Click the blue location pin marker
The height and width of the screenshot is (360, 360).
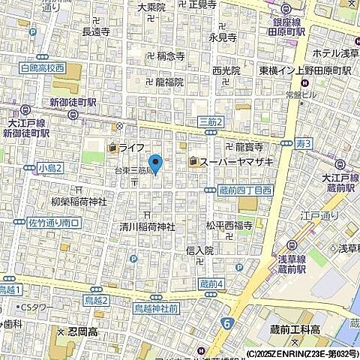coord(155,163)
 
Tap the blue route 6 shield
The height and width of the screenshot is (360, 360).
coord(226,323)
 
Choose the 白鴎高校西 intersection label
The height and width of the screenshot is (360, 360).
coord(43,68)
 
